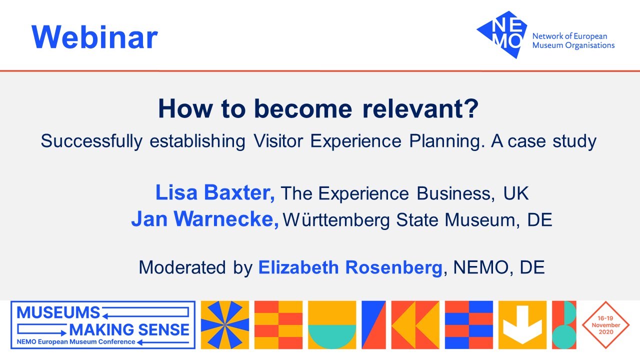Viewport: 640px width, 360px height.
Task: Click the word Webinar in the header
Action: (94, 37)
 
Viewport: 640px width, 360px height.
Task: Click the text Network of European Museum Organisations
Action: (573, 41)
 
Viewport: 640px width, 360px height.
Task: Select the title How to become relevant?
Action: (318, 109)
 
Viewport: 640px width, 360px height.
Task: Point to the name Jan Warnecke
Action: (205, 219)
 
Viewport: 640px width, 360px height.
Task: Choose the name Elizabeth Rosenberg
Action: (350, 267)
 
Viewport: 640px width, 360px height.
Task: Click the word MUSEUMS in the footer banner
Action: (58, 313)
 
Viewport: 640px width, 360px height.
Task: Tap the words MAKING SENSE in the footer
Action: (129, 329)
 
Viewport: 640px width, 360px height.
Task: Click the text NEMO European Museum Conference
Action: (76, 342)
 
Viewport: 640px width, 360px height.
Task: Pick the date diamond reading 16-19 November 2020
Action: (605, 325)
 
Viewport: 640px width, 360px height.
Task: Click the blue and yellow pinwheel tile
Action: (224, 325)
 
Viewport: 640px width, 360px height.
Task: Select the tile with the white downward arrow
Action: (522, 325)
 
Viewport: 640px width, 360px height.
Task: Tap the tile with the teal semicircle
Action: (332, 325)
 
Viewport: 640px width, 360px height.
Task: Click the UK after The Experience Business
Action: (515, 193)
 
